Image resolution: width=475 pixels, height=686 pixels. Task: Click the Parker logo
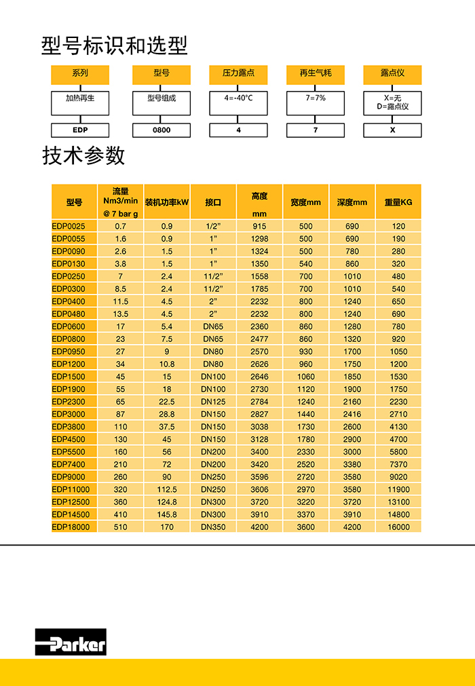71,641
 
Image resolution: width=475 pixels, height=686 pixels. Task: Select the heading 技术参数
83,156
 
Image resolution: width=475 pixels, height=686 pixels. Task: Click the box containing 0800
161,130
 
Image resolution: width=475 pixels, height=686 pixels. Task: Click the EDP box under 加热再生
80,130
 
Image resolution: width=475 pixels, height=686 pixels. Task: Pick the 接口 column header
213,202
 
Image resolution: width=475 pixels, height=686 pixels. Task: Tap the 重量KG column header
398,202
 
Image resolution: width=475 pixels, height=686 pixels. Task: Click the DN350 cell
213,527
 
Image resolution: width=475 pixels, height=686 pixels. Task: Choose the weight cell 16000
398,527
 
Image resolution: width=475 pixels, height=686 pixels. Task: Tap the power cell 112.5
167,489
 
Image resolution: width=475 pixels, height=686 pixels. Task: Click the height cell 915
259,226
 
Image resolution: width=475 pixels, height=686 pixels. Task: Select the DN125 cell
213,402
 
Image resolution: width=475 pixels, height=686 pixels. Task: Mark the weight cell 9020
398,477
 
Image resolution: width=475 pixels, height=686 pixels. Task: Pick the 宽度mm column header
305,202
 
